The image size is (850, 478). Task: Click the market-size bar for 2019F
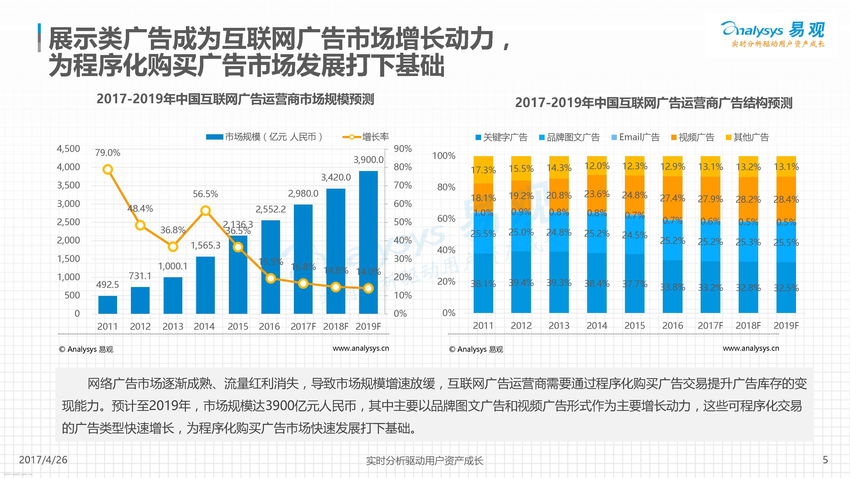coord(368,242)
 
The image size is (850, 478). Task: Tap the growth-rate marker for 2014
coord(205,211)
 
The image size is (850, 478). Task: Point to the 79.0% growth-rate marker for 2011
coord(108,170)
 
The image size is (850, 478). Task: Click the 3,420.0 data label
coord(336,177)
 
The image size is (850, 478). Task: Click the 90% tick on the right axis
coord(402,149)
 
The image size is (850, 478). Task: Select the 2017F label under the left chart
coord(303,326)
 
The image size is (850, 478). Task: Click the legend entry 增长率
coord(366,137)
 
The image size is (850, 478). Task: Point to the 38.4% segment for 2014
coord(596,283)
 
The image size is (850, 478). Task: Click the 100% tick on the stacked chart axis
coord(444,156)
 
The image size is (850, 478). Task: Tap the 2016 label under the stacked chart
coord(673,326)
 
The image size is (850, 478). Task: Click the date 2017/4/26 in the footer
coord(43,460)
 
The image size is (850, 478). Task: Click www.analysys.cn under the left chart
coord(361,348)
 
